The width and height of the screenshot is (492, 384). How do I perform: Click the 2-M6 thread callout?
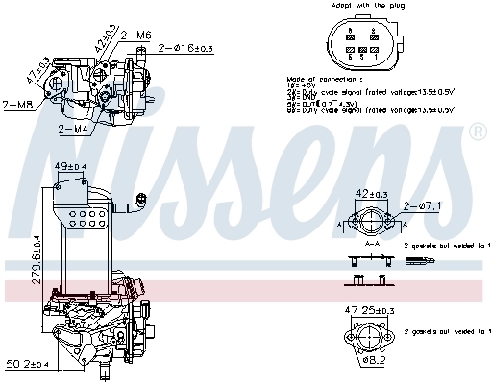(x=137, y=35)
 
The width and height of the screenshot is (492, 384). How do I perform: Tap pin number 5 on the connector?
(x=362, y=57)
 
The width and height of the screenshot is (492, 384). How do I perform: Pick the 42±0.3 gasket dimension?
(x=370, y=193)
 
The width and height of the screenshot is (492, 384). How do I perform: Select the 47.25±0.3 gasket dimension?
(x=369, y=311)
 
